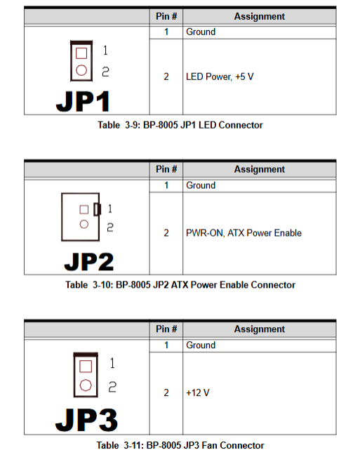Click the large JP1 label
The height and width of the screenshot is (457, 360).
point(83,101)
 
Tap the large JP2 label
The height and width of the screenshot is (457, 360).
point(89,262)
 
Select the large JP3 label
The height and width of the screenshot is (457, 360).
point(86,420)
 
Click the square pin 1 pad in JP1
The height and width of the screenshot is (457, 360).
point(81,53)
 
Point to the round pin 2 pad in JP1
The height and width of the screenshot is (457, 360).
point(81,70)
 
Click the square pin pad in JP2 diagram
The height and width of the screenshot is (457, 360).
point(84,210)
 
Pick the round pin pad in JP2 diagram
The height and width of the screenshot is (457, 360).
point(84,224)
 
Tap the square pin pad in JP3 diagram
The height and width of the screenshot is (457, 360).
point(86,366)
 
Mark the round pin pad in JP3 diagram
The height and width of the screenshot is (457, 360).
point(86,385)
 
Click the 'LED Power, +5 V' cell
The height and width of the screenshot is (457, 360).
point(220,77)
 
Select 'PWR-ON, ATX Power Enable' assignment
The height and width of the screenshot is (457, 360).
point(244,233)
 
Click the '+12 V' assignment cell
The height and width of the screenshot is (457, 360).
point(198,392)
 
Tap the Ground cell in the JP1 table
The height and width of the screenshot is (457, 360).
point(201,32)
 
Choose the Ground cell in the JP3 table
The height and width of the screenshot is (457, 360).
point(201,345)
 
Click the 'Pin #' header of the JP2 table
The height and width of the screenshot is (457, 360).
point(166,169)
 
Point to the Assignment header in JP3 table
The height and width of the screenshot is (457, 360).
point(260,329)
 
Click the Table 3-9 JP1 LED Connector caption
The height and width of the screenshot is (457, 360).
point(180,125)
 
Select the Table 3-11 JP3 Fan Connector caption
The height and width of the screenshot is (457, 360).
point(180,445)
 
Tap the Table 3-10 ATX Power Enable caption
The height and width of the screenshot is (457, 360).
point(180,285)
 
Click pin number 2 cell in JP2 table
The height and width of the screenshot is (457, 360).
point(166,233)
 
